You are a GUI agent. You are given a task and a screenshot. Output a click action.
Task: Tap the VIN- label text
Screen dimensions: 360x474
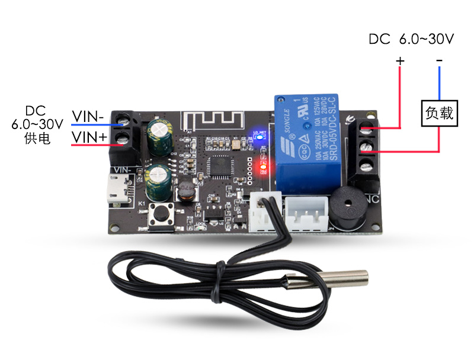[88, 116]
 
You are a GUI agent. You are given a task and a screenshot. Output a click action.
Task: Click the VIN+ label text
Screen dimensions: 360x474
[89, 137]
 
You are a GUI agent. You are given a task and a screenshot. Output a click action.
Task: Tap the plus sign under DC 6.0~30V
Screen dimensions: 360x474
[400, 60]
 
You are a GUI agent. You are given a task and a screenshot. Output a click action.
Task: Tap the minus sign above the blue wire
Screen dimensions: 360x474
[439, 60]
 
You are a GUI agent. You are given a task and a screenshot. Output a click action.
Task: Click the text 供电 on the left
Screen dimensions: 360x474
[37, 139]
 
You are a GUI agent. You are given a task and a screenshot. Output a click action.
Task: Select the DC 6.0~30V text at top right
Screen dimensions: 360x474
[411, 40]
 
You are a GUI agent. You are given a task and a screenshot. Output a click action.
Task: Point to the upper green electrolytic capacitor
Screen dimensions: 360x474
[160, 136]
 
